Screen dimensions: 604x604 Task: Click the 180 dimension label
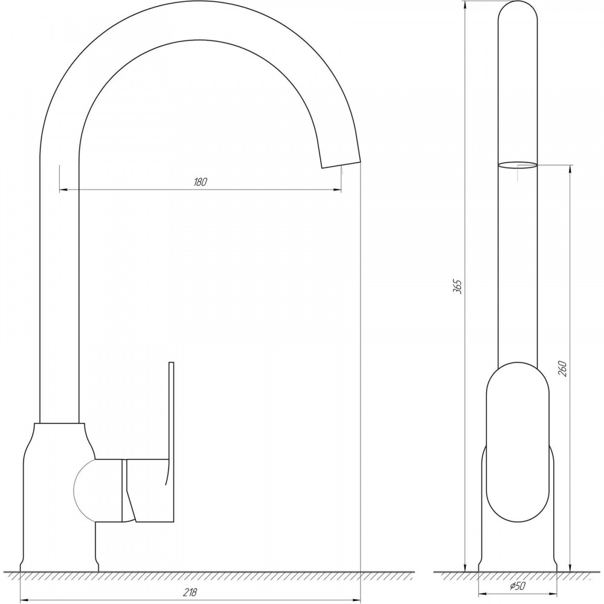click(201, 182)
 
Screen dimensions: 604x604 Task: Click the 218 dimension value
click(190, 592)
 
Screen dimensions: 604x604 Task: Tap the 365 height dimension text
click(457, 286)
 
